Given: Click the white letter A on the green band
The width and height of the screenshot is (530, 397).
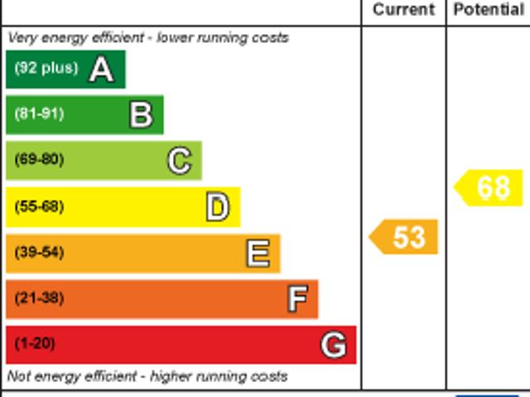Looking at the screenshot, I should pos(101,69).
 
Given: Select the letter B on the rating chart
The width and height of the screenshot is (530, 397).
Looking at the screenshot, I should pos(141,114).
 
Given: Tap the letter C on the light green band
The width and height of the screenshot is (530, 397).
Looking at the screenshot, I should pos(179,160).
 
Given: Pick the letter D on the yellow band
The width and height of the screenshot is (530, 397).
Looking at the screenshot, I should pos(217,206).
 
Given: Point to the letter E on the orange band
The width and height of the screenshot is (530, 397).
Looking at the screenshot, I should pos(258,253).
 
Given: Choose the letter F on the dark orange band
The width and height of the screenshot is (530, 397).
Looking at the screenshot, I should pos(297,298).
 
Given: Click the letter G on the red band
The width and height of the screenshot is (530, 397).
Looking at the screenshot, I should pos(333,344).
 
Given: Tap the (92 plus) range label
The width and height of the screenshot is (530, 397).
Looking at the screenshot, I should pos(46,69).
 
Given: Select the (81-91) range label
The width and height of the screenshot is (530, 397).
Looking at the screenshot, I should pos(39,114).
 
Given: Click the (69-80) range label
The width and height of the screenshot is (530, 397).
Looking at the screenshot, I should pos(39,160).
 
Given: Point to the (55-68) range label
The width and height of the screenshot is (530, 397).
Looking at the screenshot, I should pos(39,206).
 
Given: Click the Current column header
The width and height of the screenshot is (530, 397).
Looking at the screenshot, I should pos(403,10).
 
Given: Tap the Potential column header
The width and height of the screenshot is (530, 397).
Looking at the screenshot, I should pos(489,10).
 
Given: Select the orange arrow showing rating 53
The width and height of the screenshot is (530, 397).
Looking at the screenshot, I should pos(403,237).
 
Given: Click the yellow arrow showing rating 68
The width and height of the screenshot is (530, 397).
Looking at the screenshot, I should pos(489,187).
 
